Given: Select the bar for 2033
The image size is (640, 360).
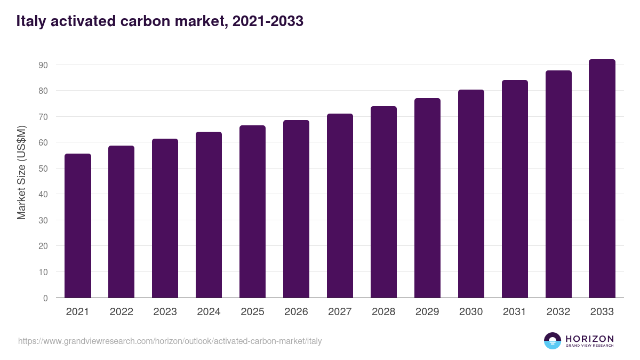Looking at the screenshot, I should [602, 179].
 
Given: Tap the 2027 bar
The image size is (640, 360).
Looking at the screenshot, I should [340, 206].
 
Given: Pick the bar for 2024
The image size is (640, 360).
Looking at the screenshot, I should [209, 215].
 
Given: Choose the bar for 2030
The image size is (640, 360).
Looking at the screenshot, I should [471, 194].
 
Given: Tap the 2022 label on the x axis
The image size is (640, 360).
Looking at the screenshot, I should [121, 312].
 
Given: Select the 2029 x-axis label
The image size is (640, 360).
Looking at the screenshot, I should [427, 312].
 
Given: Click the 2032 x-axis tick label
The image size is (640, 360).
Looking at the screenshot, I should [558, 312].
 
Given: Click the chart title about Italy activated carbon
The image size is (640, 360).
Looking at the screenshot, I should [160, 21].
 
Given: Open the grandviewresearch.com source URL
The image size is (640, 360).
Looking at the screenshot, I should [170, 341].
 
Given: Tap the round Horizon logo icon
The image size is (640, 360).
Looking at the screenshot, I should [553, 341].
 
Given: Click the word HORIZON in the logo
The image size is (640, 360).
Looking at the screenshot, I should [589, 338].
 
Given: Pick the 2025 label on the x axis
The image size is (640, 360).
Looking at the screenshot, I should [252, 312].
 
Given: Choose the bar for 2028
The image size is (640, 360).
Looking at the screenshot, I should [383, 202].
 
